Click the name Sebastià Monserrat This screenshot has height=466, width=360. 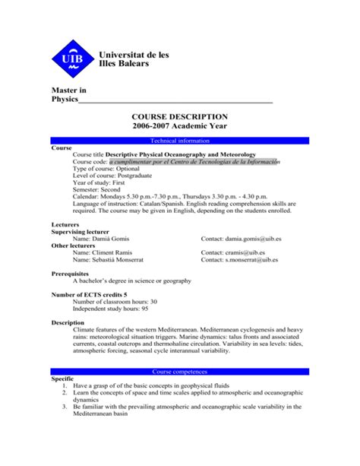click(x=107, y=260)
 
